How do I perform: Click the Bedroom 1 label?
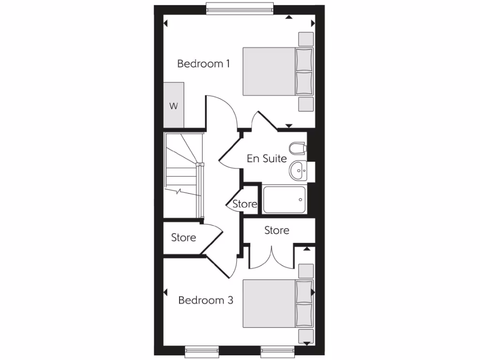coord(203,64)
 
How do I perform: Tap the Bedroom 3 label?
coord(206,300)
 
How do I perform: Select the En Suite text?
coord(267,158)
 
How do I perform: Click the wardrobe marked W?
coord(174,105)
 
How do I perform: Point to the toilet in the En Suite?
coord(297,149)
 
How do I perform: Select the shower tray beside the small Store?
coord(285,200)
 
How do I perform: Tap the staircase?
coord(183,176)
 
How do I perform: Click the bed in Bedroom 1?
coord(277,71)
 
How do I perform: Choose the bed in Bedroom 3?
coord(277,303)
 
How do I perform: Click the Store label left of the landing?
coord(184,238)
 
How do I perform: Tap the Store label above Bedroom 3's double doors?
coord(277,230)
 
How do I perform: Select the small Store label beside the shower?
coord(245,204)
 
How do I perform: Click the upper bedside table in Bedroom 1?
coord(306,39)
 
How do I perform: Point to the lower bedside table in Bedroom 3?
coord(306,336)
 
